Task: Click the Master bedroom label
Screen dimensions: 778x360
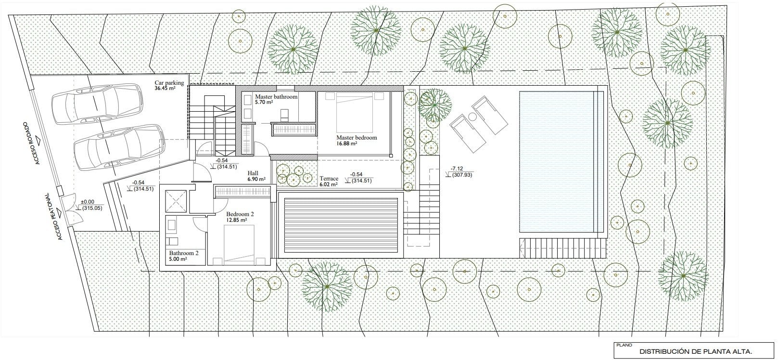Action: click(357, 138)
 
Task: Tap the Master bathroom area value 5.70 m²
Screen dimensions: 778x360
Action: click(264, 103)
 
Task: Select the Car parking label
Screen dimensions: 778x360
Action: click(169, 83)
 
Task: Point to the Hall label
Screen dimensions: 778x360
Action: click(253, 173)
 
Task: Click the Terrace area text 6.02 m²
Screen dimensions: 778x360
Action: click(329, 184)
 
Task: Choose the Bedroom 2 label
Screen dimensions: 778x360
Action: click(240, 214)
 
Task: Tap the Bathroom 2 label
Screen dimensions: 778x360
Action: click(184, 253)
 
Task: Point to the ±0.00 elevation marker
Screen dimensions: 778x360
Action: click(87, 202)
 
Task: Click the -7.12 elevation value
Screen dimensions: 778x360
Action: click(457, 169)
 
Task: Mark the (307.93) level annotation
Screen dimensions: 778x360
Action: click(462, 175)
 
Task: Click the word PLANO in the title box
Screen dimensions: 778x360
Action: click(624, 345)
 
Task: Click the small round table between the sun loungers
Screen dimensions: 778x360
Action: click(472, 117)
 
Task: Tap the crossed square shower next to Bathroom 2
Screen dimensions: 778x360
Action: click(176, 201)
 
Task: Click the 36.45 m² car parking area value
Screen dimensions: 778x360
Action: click(165, 88)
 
